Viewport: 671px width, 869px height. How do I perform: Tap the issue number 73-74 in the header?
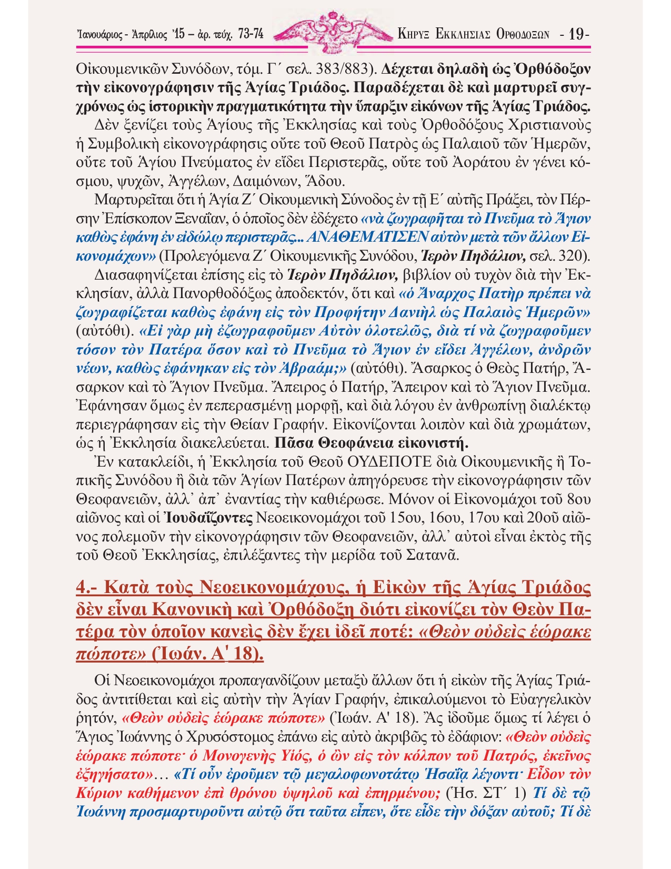pyautogui.click(x=251, y=35)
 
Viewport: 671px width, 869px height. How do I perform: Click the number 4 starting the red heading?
pyautogui.click(x=82, y=587)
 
